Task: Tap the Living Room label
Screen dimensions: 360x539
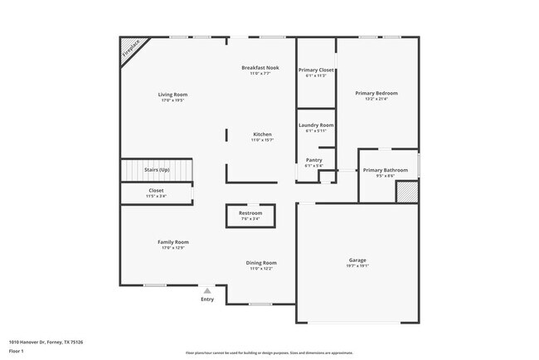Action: [x=172, y=95]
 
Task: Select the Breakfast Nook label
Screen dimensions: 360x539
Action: [x=260, y=67]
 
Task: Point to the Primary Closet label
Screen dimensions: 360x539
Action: [x=316, y=70]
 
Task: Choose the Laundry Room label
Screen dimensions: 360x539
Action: [x=316, y=125]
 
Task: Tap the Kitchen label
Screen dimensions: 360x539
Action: [x=262, y=134]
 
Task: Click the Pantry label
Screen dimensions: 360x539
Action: [x=314, y=160]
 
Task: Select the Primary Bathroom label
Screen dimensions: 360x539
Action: [x=385, y=170]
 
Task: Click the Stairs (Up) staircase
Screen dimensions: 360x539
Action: [x=157, y=170]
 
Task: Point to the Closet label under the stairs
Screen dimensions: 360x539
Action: [x=156, y=190]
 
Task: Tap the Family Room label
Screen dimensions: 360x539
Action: [x=173, y=242]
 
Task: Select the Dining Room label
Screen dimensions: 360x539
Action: [x=261, y=263]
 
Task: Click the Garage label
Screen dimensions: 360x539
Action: [x=357, y=260]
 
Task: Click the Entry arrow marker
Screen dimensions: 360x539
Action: [x=207, y=290]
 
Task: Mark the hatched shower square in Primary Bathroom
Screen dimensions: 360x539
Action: [x=405, y=192]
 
